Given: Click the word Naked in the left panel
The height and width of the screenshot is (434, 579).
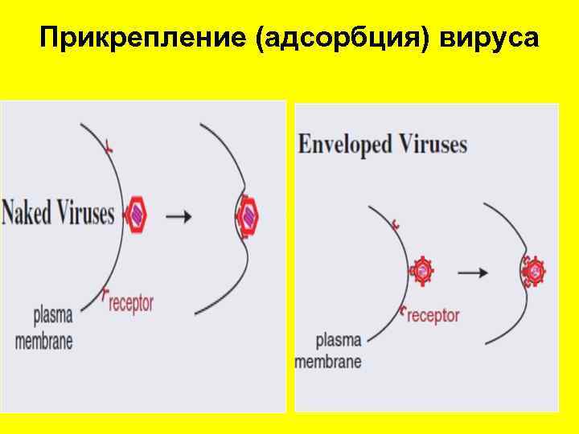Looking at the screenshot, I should [30, 214].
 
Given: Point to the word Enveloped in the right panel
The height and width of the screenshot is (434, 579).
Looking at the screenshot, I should [345, 145].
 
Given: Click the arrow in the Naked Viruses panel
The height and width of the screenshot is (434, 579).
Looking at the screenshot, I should [179, 215].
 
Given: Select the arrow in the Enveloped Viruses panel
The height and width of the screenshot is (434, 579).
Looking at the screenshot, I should [474, 272].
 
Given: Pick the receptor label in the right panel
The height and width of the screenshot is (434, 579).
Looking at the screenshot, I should [433, 314].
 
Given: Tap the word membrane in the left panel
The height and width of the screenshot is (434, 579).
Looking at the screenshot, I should [44, 340].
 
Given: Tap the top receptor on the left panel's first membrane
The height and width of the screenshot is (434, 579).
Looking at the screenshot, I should [109, 146].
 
